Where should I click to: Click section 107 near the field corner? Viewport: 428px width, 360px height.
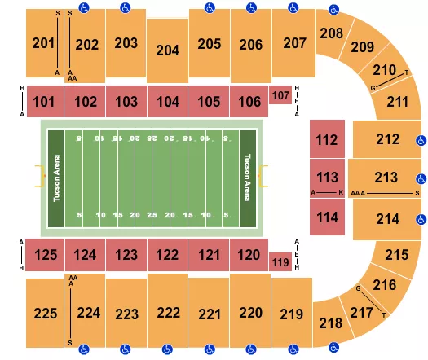(280, 95)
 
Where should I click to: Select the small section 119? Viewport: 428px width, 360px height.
(280, 261)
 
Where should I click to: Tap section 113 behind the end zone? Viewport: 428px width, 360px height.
(327, 178)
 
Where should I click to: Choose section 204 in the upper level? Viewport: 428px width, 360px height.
(167, 50)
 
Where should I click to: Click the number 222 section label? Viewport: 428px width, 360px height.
(168, 314)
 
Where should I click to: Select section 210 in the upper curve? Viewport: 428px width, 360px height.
(383, 71)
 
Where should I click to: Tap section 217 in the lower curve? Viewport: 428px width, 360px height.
(358, 311)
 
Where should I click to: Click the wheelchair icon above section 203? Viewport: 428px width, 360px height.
(125, 8)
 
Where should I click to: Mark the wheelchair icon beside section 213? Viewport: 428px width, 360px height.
(421, 178)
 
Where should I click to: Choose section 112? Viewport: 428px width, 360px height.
(327, 139)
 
